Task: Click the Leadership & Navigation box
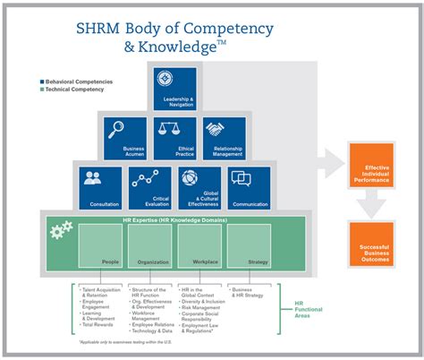174,89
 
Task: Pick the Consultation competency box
99,187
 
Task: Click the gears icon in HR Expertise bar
61,232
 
